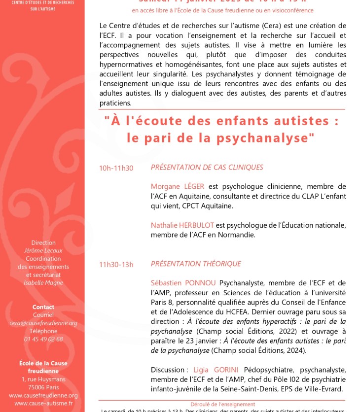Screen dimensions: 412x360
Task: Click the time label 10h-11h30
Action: coord(116,168)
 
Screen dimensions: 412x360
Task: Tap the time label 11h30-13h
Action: coord(116,265)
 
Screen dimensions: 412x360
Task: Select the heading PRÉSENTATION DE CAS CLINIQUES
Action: coord(207,168)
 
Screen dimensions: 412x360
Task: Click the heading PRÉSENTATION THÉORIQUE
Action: coord(196,264)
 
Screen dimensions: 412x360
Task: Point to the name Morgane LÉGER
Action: coord(178,187)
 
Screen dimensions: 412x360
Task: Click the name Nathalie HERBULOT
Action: coord(182,225)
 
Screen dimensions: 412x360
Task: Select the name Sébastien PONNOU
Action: coord(183,283)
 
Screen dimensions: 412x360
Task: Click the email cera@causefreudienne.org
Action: coord(43,323)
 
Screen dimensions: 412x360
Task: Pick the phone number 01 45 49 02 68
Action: coord(43,339)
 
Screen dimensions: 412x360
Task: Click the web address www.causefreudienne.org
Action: coord(43,395)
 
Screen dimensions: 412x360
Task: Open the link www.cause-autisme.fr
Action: coord(43,403)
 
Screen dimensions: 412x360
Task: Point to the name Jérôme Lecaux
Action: coord(43,250)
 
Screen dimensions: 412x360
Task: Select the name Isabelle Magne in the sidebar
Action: coord(43,282)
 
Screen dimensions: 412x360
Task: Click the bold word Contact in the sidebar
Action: coord(43,307)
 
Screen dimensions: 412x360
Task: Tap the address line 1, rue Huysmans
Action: coord(43,379)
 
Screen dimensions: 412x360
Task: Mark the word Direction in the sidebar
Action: coord(43,242)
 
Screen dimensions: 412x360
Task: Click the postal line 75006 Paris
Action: coord(43,387)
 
